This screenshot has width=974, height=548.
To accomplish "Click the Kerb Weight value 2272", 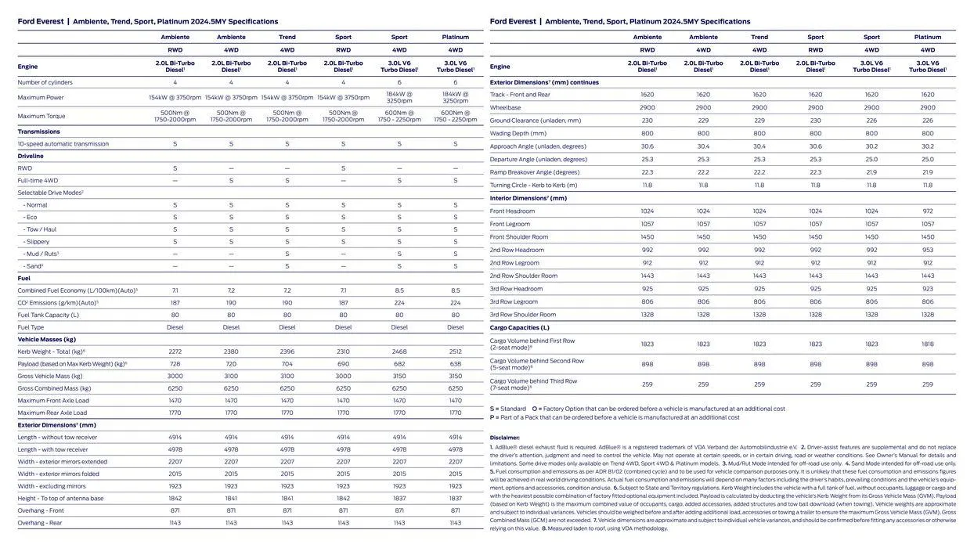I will pos(175,352).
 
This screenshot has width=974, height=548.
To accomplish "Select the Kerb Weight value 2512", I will pos(455,352).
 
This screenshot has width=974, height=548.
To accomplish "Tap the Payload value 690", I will pos(343,364).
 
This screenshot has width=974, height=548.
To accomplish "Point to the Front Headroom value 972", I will pos(928,211).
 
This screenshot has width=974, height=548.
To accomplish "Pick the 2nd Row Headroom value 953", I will pos(928,250).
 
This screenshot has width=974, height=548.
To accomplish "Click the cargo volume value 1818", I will pos(928,344).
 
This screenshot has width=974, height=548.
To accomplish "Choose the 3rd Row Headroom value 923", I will pos(928,289).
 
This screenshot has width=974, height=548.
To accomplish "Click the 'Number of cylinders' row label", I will pos(45,82).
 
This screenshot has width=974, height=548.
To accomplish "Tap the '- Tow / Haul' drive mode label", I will pos(39,229).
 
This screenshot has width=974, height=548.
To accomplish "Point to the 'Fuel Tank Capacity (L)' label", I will pos(48,315).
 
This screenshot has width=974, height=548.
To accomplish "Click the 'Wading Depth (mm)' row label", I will pos(518,133).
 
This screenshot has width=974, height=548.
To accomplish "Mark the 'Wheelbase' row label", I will pos(505,107).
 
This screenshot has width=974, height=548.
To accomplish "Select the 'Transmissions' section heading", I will pos(38,132).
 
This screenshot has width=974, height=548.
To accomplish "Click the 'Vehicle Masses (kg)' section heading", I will pos(46,339).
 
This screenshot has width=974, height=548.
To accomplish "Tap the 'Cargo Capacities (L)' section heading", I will pos(519,327).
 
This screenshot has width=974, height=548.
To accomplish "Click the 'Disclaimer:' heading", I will pos(504,438).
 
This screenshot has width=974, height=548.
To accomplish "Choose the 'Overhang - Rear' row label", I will pos(40,523).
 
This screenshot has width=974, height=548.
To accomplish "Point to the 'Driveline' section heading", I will pos(31,156).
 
